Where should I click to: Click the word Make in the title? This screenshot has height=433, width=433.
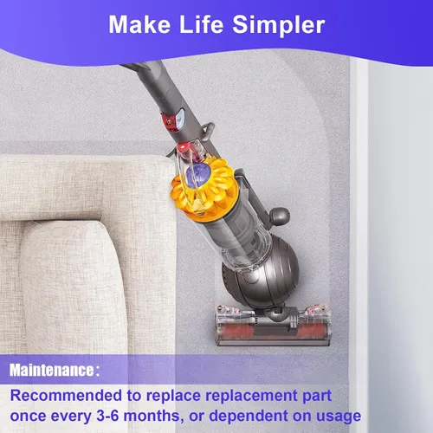click(139, 24)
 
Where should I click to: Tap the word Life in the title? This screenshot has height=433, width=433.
click(202, 24)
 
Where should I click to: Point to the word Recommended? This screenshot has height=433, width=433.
click(66, 395)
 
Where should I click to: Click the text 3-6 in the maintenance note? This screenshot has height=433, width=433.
click(107, 416)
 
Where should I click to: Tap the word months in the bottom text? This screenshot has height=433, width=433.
click(153, 417)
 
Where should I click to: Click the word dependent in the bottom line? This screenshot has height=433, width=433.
click(249, 417)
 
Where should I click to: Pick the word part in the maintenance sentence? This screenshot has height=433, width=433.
click(317, 397)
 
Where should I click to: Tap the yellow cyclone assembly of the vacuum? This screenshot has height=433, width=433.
click(204, 188)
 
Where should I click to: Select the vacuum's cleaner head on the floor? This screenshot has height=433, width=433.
click(273, 325)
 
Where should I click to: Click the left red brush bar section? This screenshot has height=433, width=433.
click(236, 329)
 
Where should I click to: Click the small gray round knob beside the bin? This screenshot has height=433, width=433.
click(279, 216)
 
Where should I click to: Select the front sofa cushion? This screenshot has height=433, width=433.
click(72, 288)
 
